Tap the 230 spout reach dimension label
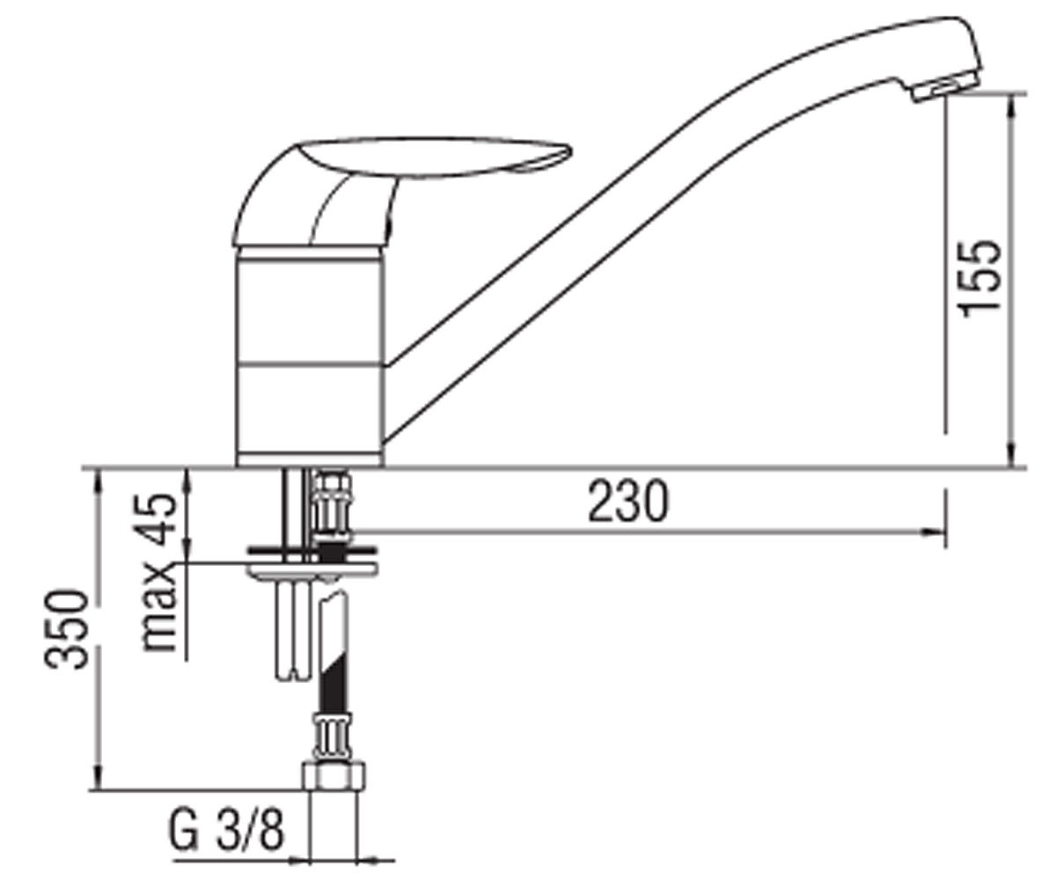click(x=627, y=502)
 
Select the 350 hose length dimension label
click(x=67, y=629)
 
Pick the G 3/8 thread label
click(x=226, y=831)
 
